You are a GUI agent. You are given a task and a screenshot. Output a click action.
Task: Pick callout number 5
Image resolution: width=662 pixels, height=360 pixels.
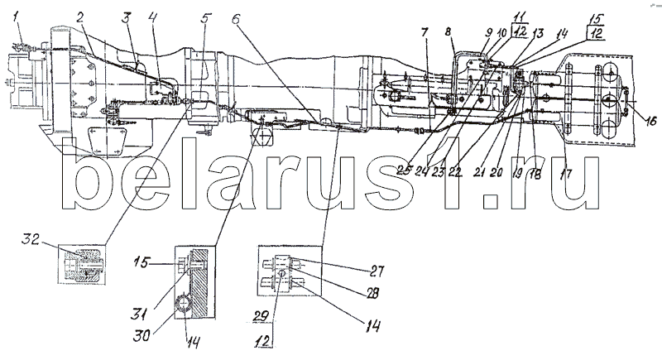pos(206,17)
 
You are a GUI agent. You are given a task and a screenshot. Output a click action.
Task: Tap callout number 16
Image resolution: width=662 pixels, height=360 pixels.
pos(650,122)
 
